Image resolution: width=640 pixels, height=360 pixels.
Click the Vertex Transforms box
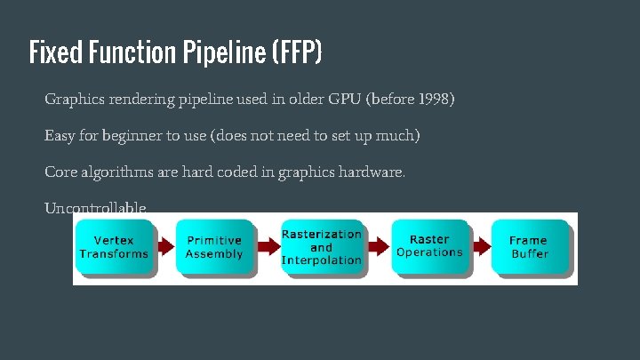113,246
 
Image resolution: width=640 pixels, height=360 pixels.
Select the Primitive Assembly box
213,246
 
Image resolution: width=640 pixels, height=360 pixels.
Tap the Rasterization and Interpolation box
321,246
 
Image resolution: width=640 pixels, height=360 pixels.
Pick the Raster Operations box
429,246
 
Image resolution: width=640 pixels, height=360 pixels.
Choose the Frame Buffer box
529,246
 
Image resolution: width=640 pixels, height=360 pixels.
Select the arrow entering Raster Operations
379,246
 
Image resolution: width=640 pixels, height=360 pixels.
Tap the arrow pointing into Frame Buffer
480,246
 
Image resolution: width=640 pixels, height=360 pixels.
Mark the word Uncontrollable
95,208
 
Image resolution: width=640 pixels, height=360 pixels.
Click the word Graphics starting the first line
73,99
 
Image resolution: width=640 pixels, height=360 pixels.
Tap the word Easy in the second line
60,136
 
